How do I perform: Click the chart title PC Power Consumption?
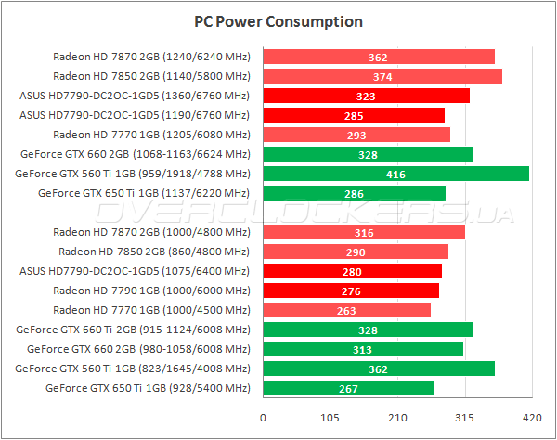pyautogui.click(x=278, y=21)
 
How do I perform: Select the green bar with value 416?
pyautogui.click(x=396, y=174)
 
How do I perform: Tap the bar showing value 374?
pyautogui.click(x=382, y=76)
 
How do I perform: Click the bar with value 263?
pyautogui.click(x=347, y=310)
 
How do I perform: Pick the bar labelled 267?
pyautogui.click(x=348, y=388)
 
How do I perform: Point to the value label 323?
pyautogui.click(x=366, y=96)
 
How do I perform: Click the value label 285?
pyautogui.click(x=354, y=115)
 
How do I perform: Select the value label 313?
pyautogui.click(x=363, y=349)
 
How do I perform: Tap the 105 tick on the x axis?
pyautogui.click(x=330, y=417)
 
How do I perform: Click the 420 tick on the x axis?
pyautogui.click(x=531, y=417)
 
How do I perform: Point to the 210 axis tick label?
pyautogui.click(x=397, y=417)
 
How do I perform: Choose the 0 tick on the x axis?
pyautogui.click(x=264, y=417)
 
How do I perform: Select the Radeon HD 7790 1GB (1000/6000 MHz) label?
pyautogui.click(x=151, y=291)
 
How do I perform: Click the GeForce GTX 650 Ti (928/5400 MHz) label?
pyautogui.click(x=148, y=388)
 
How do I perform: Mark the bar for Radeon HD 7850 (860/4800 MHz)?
pyautogui.click(x=356, y=252)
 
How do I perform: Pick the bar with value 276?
pyautogui.click(x=351, y=291)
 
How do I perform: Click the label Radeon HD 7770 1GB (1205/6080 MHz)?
pyautogui.click(x=151, y=135)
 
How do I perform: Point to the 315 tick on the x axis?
pyautogui.click(x=464, y=417)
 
